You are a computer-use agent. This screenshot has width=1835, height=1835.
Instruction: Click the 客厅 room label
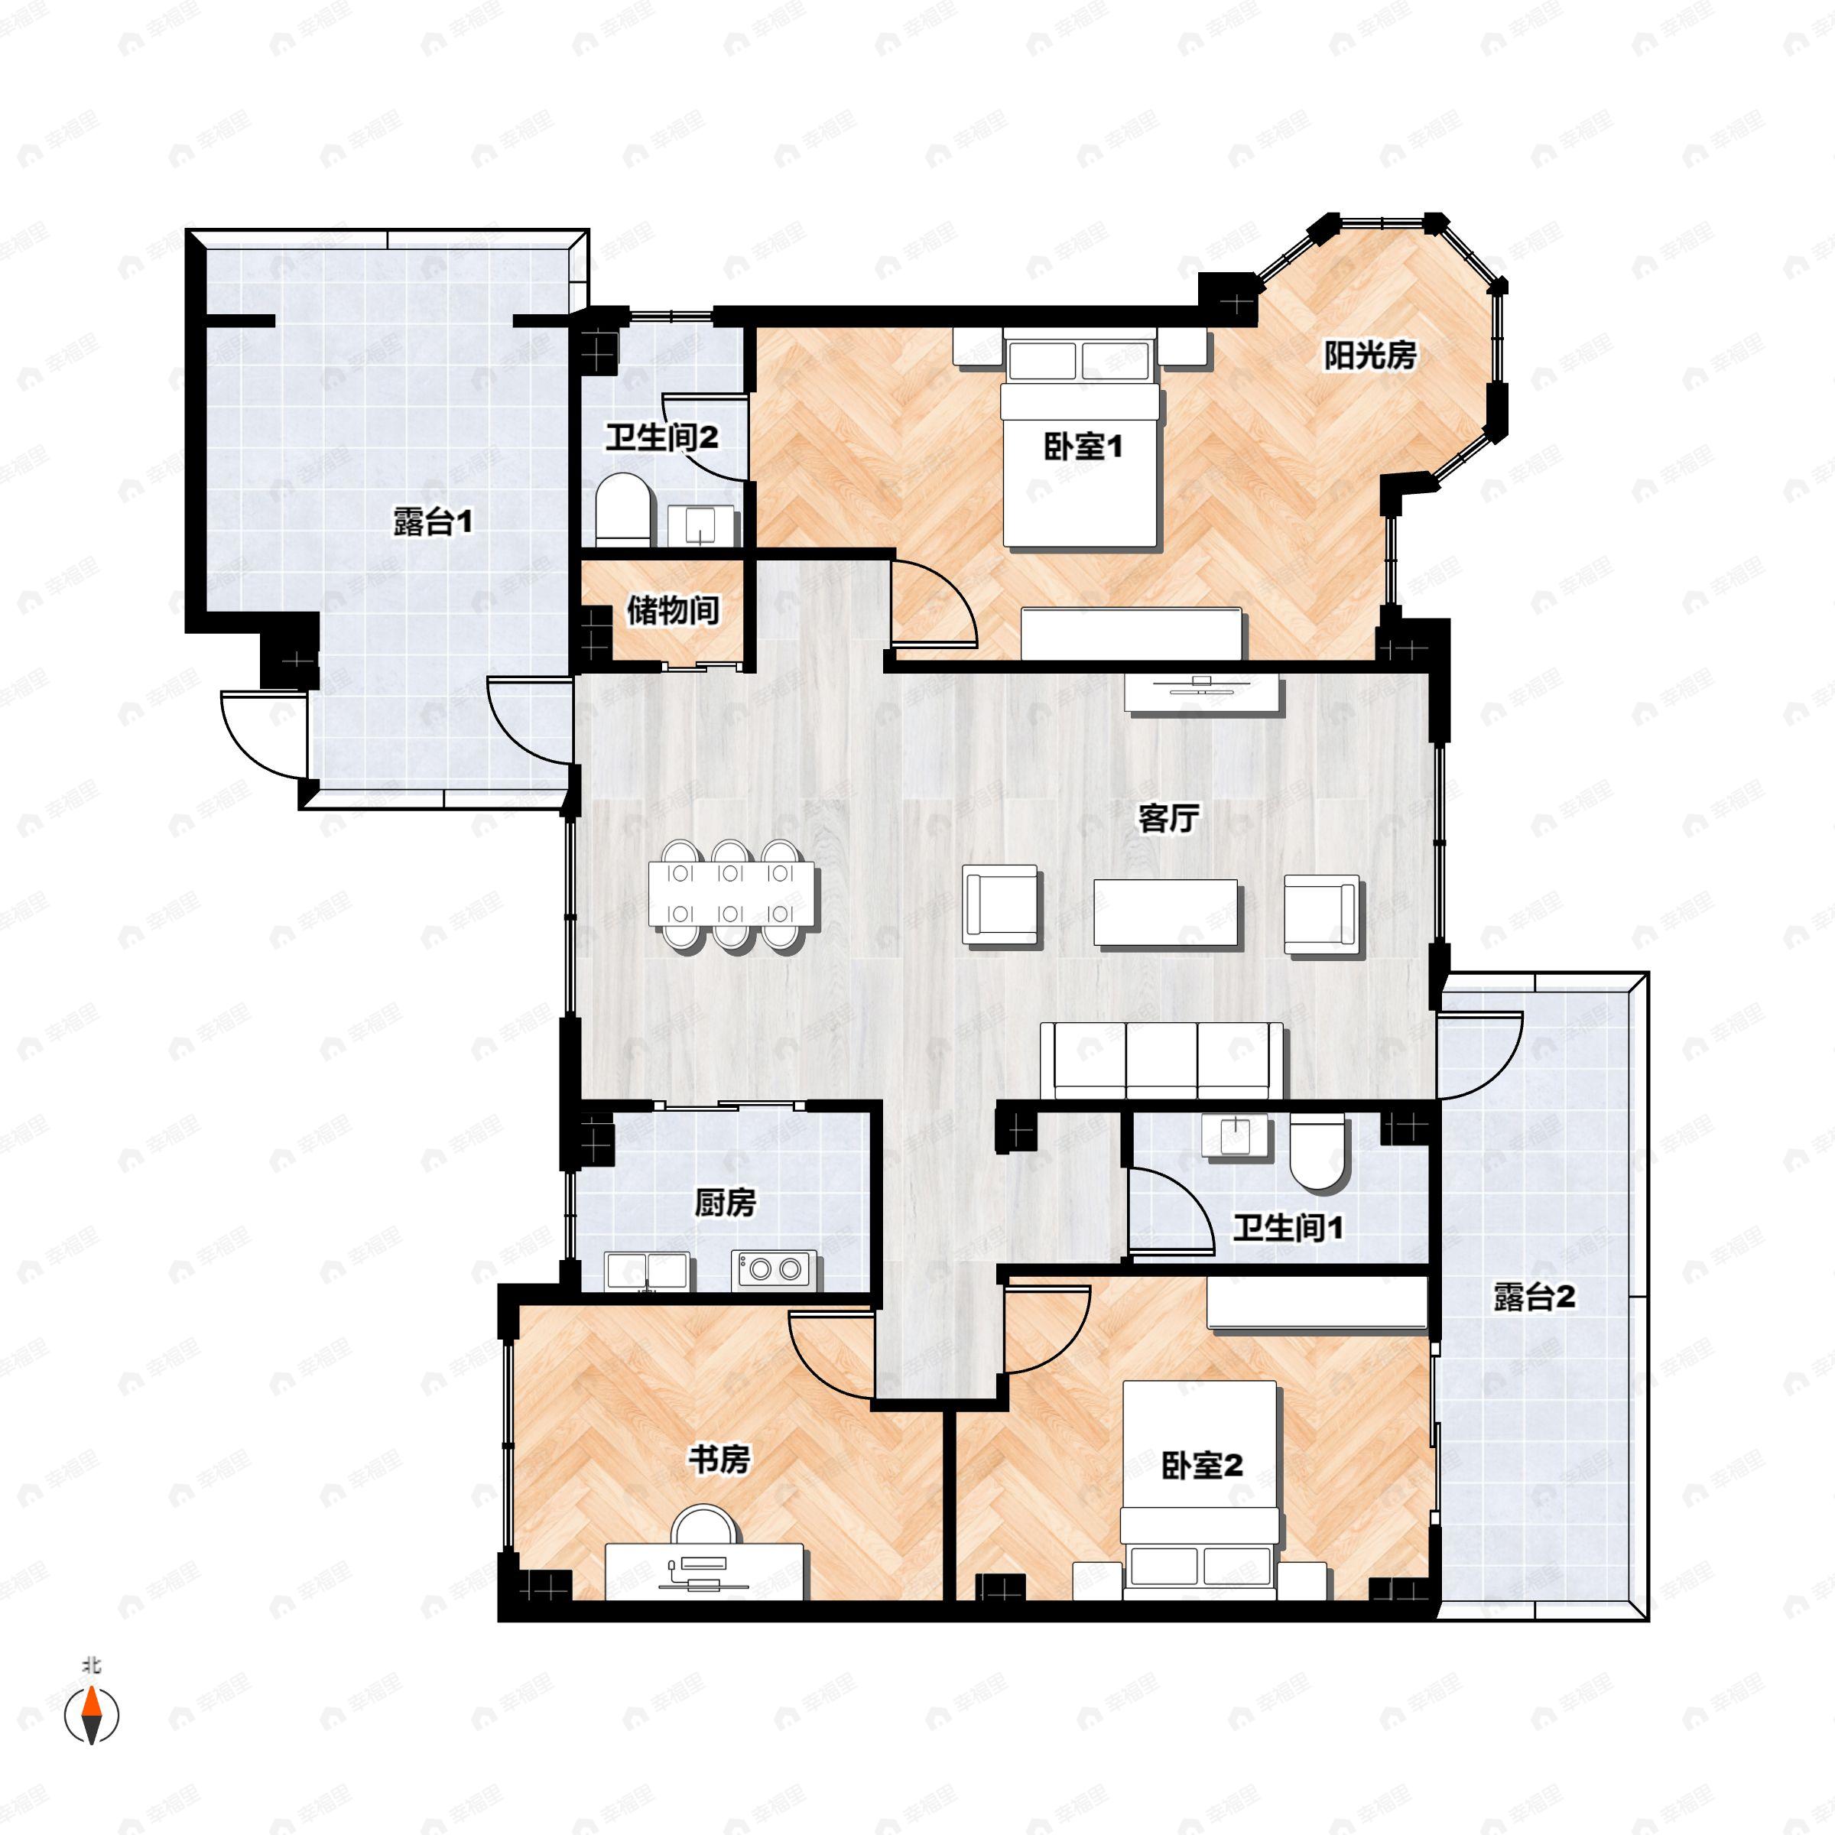(x=1168, y=818)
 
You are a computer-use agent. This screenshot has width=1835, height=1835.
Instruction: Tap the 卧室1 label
(x=1083, y=447)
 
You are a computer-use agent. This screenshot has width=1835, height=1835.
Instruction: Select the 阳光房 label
(x=1371, y=356)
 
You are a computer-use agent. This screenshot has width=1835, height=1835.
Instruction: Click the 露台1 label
(x=433, y=521)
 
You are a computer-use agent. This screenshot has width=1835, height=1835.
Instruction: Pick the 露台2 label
(x=1534, y=1297)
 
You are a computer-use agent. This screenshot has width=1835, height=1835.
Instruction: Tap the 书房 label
(x=719, y=1459)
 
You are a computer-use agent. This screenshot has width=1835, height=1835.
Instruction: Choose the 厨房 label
(x=725, y=1203)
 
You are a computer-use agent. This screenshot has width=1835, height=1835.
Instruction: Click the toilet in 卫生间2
(x=623, y=510)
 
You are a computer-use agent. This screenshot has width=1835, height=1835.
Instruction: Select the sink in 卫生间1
(x=1236, y=1137)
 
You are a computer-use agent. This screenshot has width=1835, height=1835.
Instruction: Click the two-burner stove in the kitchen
(x=773, y=1270)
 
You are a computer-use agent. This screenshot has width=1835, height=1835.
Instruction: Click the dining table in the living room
(x=732, y=894)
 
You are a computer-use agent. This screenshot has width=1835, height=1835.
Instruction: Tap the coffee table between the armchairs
(x=1166, y=913)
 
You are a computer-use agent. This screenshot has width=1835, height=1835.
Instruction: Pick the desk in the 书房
(x=705, y=1572)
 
